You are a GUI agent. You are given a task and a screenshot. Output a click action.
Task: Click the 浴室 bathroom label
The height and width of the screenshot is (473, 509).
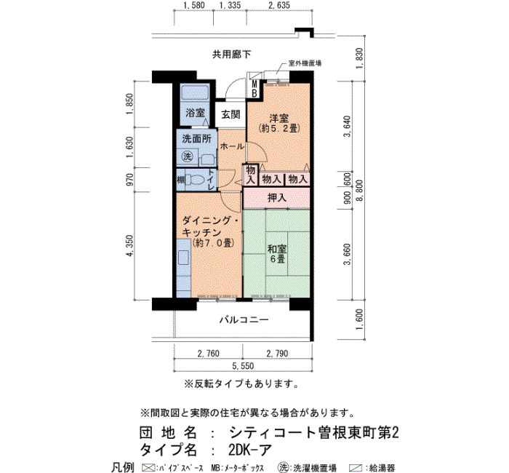195,113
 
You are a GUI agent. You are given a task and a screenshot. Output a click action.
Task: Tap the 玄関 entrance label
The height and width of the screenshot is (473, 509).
231,114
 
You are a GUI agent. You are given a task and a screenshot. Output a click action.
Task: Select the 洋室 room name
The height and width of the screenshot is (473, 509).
278,118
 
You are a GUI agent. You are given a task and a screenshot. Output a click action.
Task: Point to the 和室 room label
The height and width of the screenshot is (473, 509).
277,249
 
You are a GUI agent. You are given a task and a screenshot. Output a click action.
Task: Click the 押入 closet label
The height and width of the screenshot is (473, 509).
277,197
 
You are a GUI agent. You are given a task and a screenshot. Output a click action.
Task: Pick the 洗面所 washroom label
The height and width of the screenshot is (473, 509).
196,139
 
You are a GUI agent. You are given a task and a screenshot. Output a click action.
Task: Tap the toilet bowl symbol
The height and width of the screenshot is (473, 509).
194,179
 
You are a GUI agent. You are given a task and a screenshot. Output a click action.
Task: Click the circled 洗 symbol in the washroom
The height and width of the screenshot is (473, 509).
188,156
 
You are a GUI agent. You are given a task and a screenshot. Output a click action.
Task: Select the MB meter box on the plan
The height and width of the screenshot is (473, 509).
254,89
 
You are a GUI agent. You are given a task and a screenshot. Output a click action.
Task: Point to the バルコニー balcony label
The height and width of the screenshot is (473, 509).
244,320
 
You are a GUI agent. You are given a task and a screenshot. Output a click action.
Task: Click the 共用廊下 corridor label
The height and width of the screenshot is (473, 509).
231,55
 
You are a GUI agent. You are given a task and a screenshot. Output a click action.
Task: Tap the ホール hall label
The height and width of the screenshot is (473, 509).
232,146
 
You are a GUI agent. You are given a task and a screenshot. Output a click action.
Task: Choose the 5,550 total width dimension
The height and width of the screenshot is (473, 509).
243,366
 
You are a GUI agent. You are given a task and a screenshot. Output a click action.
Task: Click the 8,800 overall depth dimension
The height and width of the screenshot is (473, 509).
360,191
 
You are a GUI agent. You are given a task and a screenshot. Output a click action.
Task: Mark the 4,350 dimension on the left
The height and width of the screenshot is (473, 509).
130,246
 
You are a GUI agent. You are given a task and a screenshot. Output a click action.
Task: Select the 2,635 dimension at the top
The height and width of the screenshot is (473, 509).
278,5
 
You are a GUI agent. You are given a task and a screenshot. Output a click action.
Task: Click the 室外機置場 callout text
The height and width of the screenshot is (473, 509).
305,63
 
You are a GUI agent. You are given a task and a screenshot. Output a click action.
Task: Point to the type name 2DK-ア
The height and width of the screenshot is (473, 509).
249,450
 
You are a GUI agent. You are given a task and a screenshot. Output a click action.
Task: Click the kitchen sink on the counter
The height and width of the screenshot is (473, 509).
183,258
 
